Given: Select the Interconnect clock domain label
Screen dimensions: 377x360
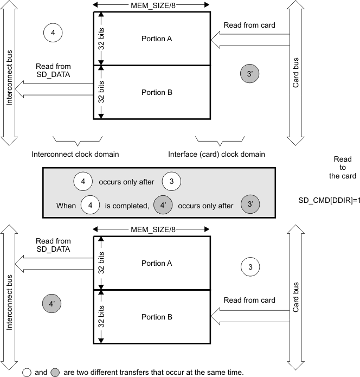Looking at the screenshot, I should [x=76, y=154].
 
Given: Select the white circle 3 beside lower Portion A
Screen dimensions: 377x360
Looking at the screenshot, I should [x=250, y=266].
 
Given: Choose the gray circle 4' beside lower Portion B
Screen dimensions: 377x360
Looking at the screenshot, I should [x=53, y=304].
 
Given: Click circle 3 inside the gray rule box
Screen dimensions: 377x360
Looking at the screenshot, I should [x=171, y=181].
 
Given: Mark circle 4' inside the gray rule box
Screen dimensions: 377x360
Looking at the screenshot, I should [x=164, y=206].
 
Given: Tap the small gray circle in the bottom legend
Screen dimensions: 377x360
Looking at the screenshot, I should [x=54, y=372].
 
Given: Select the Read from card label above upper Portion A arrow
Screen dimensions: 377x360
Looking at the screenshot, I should [x=249, y=24].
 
